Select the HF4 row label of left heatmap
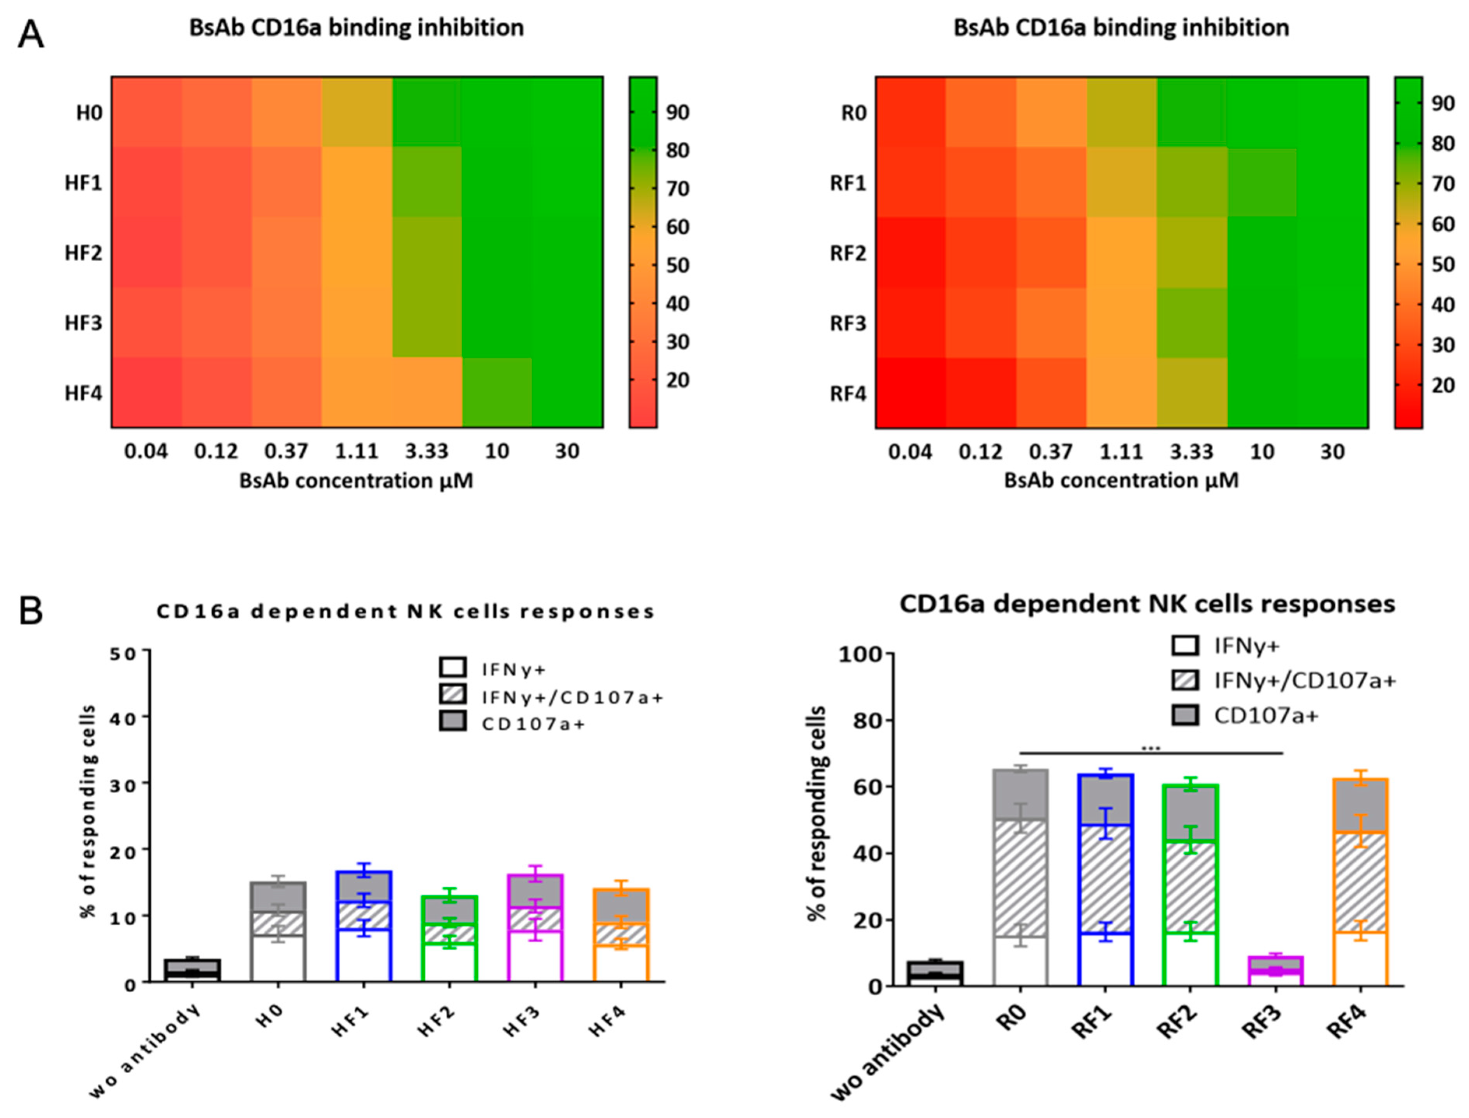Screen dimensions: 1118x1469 click(x=83, y=393)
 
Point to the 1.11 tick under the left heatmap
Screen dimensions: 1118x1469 click(x=357, y=451)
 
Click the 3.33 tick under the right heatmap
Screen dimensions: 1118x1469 click(x=1191, y=452)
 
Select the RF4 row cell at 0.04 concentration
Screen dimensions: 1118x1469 click(x=910, y=393)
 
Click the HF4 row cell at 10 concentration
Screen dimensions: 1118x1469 click(x=497, y=393)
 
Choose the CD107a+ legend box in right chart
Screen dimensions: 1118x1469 click(x=1184, y=715)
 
